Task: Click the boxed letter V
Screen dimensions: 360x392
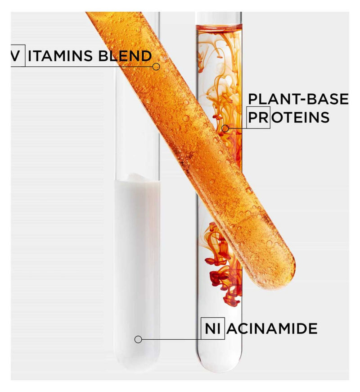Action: coord(15,56)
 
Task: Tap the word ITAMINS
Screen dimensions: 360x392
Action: coord(60,56)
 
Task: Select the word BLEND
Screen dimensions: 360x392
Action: coord(125,56)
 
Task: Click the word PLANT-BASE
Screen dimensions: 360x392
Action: coord(298,99)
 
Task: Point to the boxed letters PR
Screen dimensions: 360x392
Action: coord(259,117)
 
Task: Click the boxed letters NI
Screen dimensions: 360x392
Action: coord(213,328)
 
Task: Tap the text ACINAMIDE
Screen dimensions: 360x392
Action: coord(272,328)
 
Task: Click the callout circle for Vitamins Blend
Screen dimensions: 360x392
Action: coord(156,67)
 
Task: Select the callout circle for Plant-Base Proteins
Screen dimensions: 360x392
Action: coord(225,128)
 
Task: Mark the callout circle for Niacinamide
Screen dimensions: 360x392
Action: coord(138,339)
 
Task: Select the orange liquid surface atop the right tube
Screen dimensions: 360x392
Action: coord(219,27)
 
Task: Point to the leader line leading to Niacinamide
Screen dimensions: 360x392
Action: coord(171,339)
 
